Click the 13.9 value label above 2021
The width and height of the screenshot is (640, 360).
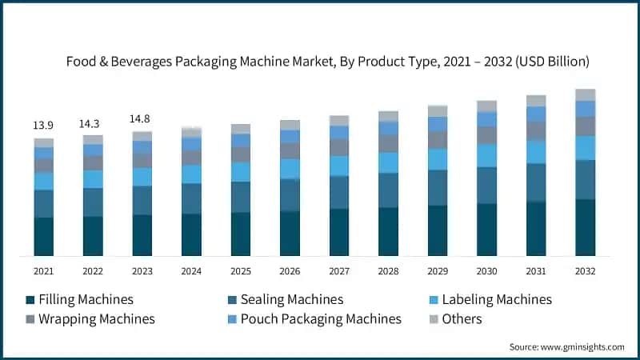[x=43, y=126]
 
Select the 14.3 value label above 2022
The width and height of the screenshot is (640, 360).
[x=93, y=124]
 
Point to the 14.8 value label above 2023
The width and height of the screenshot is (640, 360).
[x=142, y=119]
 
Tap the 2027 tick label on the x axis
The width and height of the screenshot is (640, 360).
[x=339, y=271]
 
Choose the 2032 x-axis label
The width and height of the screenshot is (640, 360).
[x=586, y=271]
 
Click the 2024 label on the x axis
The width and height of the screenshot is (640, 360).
[x=191, y=271]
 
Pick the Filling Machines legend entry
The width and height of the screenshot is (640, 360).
[x=79, y=299]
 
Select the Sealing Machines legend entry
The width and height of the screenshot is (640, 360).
[x=285, y=299]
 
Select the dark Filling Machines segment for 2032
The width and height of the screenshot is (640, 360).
[x=586, y=227]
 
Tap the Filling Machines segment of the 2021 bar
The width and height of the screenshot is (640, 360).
[x=43, y=236]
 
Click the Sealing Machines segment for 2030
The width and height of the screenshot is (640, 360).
[x=487, y=185]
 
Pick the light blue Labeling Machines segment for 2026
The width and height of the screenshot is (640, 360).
[x=290, y=168]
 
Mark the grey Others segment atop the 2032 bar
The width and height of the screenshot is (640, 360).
[x=586, y=94]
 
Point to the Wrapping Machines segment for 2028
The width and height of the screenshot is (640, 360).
[x=389, y=143]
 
